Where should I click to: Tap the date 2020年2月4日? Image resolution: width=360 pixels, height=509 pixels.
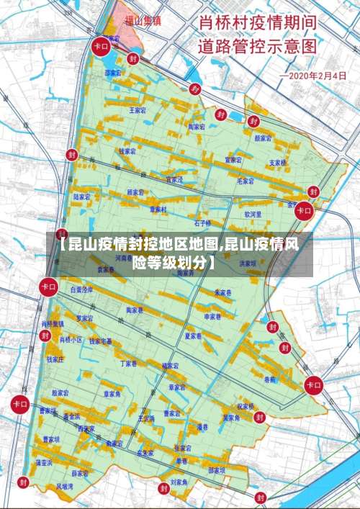click(316, 76)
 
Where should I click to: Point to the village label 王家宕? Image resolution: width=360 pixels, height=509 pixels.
click(137, 111)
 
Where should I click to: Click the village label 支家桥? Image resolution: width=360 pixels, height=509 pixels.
click(278, 163)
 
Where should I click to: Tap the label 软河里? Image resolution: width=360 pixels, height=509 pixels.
click(253, 214)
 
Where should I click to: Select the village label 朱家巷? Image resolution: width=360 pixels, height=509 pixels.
click(223, 293)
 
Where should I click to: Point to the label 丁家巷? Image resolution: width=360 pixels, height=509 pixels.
click(128, 364)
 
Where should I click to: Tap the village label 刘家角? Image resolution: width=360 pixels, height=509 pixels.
click(179, 482)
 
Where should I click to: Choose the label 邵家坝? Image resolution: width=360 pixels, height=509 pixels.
click(217, 470)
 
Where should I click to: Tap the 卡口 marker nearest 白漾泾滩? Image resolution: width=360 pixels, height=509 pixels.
click(49, 287)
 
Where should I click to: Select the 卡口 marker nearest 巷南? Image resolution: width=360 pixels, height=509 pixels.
click(314, 385)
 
